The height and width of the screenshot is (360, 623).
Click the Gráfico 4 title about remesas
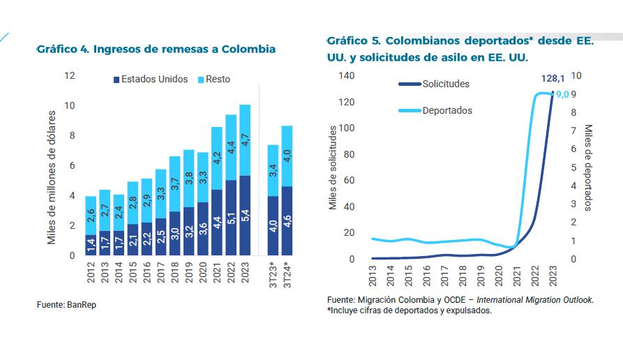pyautogui.click(x=156, y=50)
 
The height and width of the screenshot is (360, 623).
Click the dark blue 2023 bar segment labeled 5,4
pyautogui.click(x=245, y=216)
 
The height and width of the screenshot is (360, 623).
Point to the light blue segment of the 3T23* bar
pyautogui.click(x=273, y=171)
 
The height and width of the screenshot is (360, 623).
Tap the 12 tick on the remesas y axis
pyautogui.click(x=70, y=75)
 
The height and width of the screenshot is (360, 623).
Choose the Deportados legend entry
pyautogui.click(x=446, y=110)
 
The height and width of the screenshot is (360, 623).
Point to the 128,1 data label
pyautogui.click(x=553, y=79)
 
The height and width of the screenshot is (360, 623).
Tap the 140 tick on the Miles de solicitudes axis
pyautogui.click(x=346, y=75)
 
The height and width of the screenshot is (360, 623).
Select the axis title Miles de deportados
pyautogui.click(x=588, y=167)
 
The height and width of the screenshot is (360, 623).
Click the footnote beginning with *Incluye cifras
pyautogui.click(x=409, y=310)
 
